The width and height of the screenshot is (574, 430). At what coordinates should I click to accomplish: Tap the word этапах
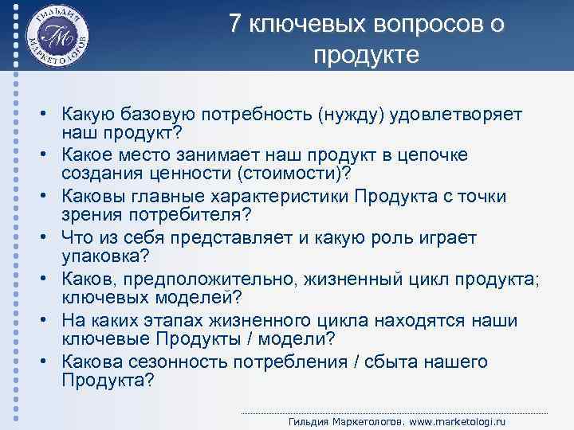coord(199,320)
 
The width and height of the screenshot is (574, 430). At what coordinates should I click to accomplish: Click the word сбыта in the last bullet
coord(395,362)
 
